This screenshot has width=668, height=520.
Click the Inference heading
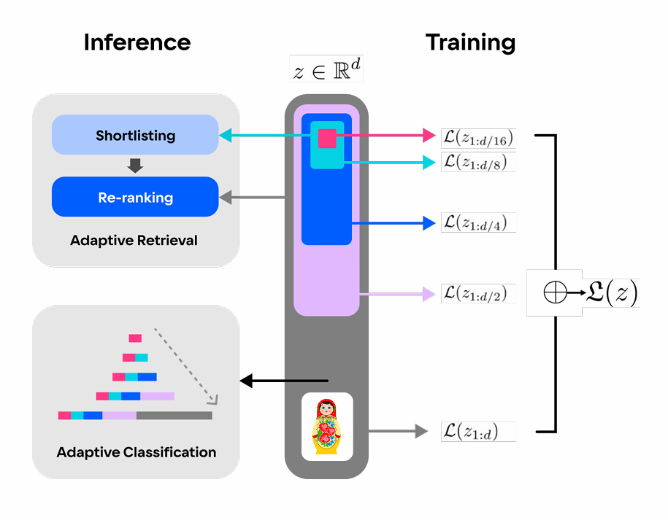(x=137, y=42)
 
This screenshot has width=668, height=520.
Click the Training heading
(x=470, y=42)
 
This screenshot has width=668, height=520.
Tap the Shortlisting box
(x=135, y=135)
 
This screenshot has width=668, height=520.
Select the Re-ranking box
(x=135, y=197)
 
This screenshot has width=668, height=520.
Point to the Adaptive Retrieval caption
(x=134, y=240)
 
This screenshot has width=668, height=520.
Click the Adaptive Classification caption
(x=137, y=452)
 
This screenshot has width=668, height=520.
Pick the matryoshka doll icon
(x=327, y=427)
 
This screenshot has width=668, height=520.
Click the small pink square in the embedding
(x=327, y=138)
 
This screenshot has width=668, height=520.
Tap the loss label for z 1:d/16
(x=479, y=136)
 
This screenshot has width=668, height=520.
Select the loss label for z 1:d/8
(x=479, y=162)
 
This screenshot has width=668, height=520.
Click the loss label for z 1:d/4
(x=479, y=222)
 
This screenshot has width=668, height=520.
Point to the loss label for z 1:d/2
(x=479, y=293)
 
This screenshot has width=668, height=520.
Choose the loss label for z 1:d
(x=479, y=431)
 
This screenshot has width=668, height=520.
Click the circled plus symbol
(x=555, y=293)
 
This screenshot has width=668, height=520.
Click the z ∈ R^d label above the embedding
(x=326, y=70)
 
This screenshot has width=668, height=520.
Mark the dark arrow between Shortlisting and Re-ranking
(x=135, y=166)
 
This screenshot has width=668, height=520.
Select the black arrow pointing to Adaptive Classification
(x=284, y=381)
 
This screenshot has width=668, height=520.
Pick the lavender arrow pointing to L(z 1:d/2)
(x=394, y=294)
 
